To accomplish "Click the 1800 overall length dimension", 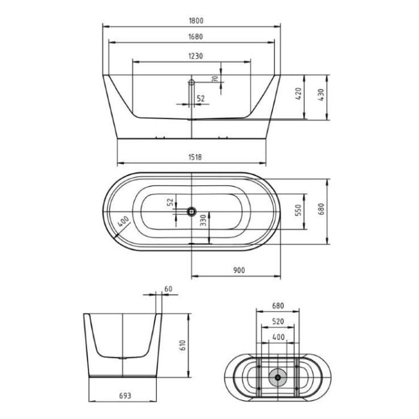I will (x=191, y=20).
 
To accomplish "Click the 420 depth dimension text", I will (x=299, y=93).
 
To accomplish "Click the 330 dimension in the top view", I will (x=203, y=221).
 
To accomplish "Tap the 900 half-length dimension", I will (x=239, y=271).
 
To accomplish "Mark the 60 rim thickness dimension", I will (x=168, y=289).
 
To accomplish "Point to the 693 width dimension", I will (x=125, y=396).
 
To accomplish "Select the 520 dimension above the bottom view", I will (x=277, y=321).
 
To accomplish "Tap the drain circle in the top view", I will (x=192, y=211).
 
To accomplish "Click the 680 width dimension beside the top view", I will (x=321, y=209).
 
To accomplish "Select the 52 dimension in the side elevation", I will (x=201, y=99).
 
